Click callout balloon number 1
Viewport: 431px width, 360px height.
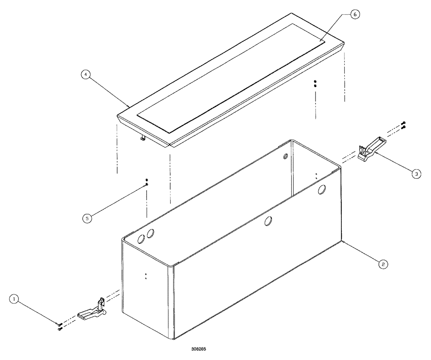click(15, 298)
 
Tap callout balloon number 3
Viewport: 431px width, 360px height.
click(415, 174)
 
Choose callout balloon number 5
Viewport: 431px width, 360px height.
click(87, 218)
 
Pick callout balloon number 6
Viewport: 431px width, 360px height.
click(354, 14)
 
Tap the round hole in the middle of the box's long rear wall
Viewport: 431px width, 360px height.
click(268, 221)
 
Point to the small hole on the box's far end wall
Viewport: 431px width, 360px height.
click(286, 158)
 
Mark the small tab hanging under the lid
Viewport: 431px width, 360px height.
click(141, 138)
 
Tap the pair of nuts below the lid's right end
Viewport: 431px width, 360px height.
click(315, 84)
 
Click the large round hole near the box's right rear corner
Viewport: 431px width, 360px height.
click(322, 189)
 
